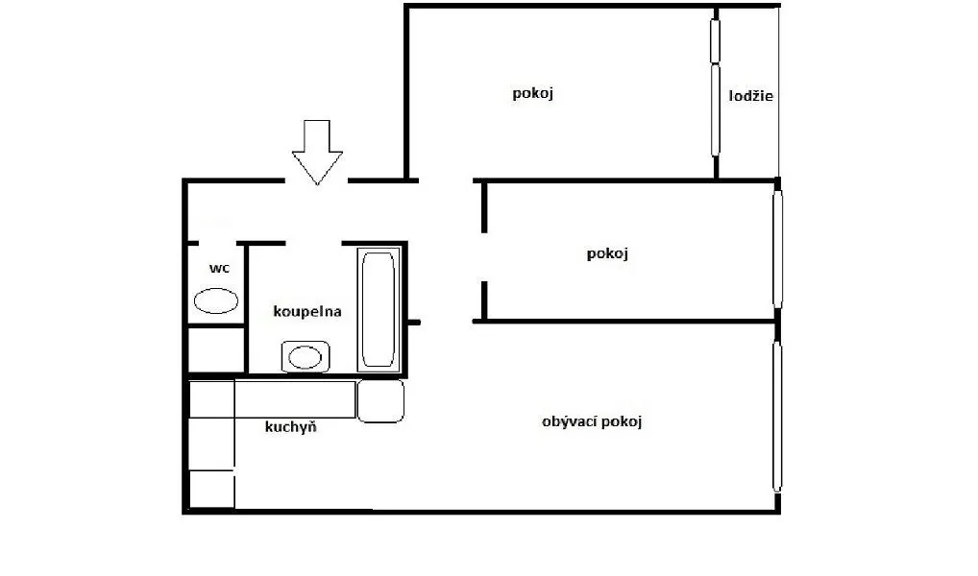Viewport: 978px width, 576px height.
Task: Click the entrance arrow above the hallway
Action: (x=317, y=152)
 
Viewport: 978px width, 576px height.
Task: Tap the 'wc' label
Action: (x=220, y=268)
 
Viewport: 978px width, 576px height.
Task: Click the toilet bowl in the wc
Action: (x=216, y=301)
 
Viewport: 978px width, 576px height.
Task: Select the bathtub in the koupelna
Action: (x=378, y=310)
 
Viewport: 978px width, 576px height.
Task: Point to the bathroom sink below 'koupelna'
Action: (x=305, y=357)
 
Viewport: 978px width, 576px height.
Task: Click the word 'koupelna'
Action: (x=306, y=311)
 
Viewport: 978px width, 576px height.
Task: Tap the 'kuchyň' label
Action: (x=291, y=427)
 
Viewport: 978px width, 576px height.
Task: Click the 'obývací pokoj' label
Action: (x=592, y=422)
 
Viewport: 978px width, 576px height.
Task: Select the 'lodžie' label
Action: (x=751, y=96)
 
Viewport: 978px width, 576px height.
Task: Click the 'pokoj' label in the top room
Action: (x=532, y=93)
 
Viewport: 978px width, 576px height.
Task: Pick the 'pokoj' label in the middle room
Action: (x=607, y=253)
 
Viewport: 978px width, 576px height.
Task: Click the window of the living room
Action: (x=777, y=417)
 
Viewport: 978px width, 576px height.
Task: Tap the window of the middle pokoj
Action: (x=777, y=250)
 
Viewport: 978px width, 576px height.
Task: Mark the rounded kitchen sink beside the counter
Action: (x=380, y=401)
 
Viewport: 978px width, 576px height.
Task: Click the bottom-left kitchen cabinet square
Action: (x=211, y=490)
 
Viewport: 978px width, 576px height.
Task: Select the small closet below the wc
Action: (x=216, y=349)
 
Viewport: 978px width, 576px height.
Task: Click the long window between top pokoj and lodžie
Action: (x=716, y=87)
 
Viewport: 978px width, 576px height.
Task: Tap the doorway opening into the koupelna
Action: (x=314, y=243)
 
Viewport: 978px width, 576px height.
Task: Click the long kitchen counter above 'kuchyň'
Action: (x=295, y=399)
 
